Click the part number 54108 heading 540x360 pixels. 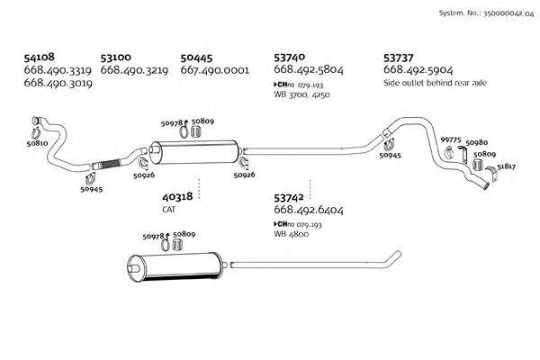click(40, 56)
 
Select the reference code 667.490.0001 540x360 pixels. click(214, 69)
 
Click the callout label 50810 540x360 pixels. click(37, 143)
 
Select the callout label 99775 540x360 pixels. click(450, 140)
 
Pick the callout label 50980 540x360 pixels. click(477, 142)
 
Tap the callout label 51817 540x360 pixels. click(507, 166)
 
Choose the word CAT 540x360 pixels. click(169, 209)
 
